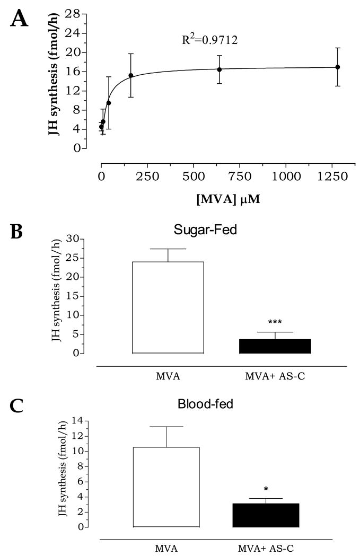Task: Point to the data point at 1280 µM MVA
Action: coord(337,67)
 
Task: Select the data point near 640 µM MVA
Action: coord(219,69)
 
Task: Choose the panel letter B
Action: coord(17,232)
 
